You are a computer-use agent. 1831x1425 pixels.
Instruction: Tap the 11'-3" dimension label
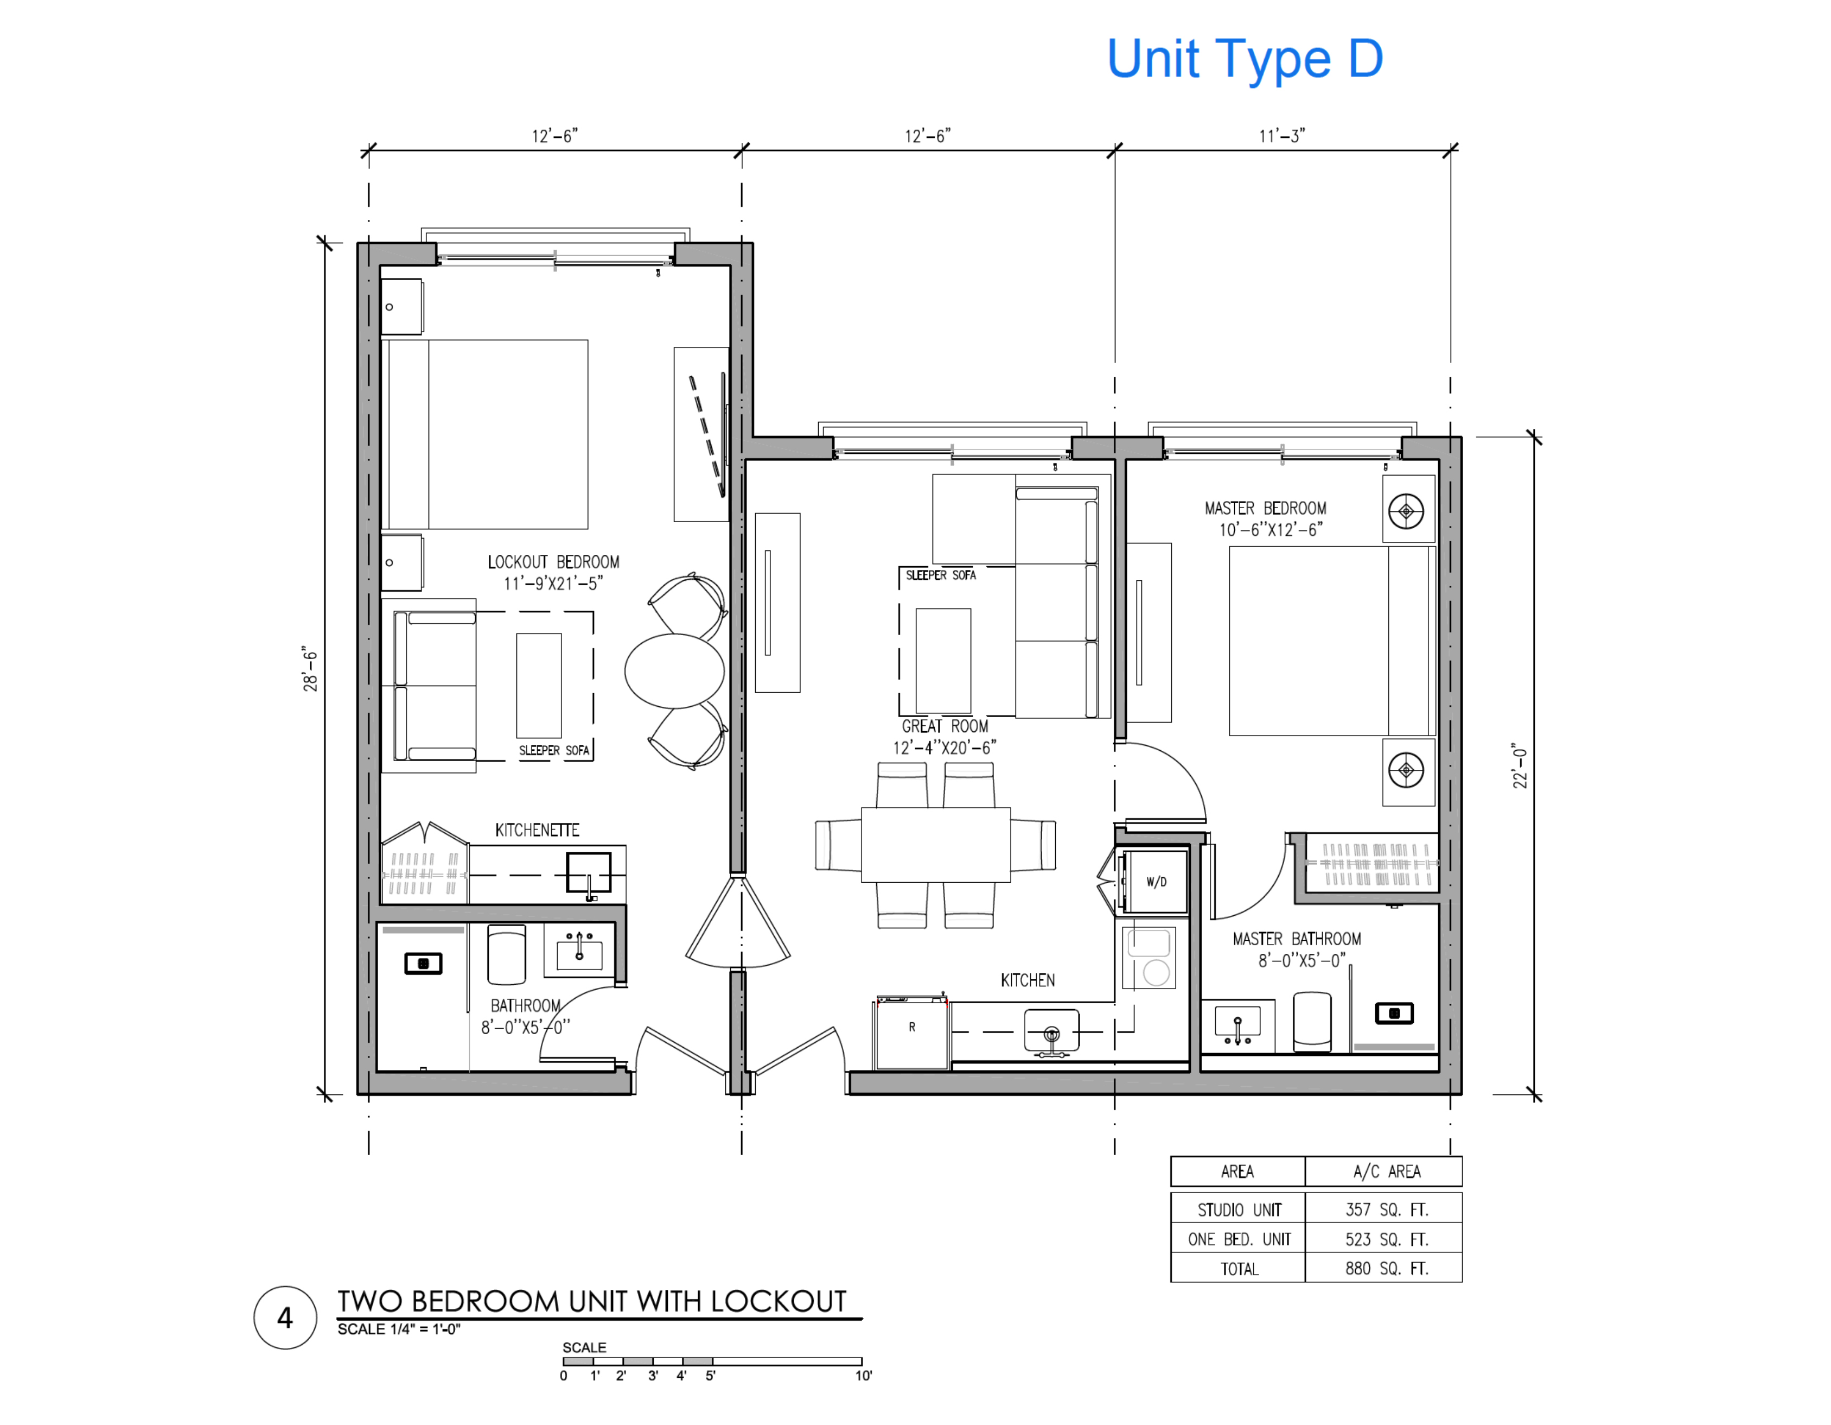point(1281,136)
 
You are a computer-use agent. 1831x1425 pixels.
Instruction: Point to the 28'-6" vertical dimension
point(310,669)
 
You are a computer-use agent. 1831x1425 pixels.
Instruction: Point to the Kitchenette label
point(537,831)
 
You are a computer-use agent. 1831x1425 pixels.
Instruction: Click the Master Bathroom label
point(1296,939)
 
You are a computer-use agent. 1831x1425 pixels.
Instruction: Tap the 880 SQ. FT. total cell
point(1386,1268)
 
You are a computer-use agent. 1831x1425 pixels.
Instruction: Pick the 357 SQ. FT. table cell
point(1386,1209)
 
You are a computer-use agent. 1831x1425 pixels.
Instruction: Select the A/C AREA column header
point(1386,1171)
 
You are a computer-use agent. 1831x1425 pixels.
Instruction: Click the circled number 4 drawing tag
point(285,1318)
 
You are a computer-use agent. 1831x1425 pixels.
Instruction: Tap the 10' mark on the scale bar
point(863,1376)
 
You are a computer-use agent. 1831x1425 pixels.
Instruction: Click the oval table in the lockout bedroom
point(674,671)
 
